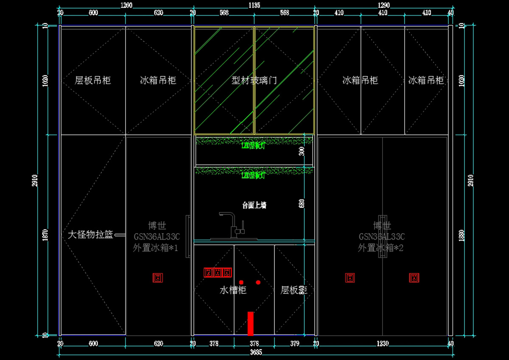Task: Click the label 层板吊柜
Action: pyautogui.click(x=93, y=80)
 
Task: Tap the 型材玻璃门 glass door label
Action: pyautogui.click(x=254, y=80)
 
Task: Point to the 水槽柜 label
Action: pyautogui.click(x=233, y=290)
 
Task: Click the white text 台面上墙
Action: pyautogui.click(x=254, y=205)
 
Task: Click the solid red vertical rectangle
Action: pyautogui.click(x=250, y=323)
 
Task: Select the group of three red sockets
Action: pyautogui.click(x=218, y=272)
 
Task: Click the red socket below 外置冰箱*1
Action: pyautogui.click(x=158, y=278)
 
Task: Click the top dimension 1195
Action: pyautogui.click(x=254, y=5)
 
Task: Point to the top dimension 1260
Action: pyautogui.click(x=126, y=5)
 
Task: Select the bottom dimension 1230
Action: pyautogui.click(x=383, y=343)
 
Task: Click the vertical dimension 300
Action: pyautogui.click(x=302, y=151)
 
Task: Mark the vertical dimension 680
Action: pyautogui.click(x=302, y=204)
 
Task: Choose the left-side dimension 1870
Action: pyautogui.click(x=46, y=234)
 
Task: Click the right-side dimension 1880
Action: pyautogui.click(x=462, y=234)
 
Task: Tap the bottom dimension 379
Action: pyautogui.click(x=294, y=343)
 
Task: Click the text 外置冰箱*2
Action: pyautogui.click(x=380, y=248)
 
